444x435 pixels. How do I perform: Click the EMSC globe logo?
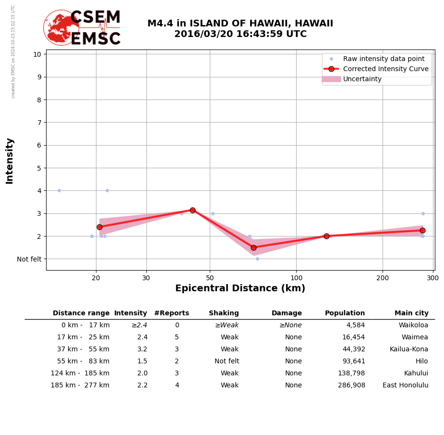(61, 27)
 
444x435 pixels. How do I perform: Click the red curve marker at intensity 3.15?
(192, 210)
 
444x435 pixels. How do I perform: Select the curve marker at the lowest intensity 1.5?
(253, 248)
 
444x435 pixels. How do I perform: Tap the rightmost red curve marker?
(422, 230)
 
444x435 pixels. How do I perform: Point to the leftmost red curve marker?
(99, 227)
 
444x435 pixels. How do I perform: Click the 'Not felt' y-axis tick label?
(29, 259)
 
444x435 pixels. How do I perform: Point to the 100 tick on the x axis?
(296, 277)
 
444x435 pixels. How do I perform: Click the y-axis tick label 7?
(37, 123)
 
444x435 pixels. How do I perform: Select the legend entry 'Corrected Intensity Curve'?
(385, 69)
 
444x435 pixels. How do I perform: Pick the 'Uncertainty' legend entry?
(362, 79)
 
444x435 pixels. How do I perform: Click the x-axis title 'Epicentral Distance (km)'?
(240, 288)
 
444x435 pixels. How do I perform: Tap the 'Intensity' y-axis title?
(10, 161)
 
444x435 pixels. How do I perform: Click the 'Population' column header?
(345, 313)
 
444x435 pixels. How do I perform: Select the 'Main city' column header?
(411, 313)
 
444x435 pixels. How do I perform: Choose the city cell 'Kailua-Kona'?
(408, 349)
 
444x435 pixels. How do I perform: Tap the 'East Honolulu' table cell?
(405, 385)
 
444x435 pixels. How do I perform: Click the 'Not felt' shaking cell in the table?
(227, 361)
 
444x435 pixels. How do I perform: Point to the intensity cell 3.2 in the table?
(142, 349)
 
